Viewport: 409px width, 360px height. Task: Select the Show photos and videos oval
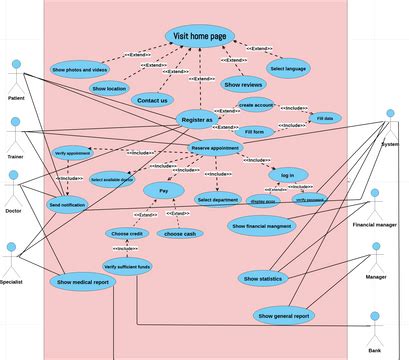[x=78, y=70]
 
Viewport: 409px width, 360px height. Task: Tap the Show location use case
[x=109, y=89]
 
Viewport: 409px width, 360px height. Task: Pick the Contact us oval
[x=152, y=100]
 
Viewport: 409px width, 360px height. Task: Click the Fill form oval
[x=254, y=132]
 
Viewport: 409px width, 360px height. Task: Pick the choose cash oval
[x=180, y=233]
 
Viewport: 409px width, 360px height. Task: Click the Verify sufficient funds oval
[x=127, y=267]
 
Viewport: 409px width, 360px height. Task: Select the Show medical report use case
[x=83, y=282]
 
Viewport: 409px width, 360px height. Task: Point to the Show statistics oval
[x=263, y=278]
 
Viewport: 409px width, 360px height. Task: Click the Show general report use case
[x=284, y=316]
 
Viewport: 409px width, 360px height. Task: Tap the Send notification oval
[x=67, y=204]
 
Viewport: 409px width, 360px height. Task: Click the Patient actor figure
[x=15, y=78]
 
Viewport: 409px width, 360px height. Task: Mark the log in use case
[x=287, y=174]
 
